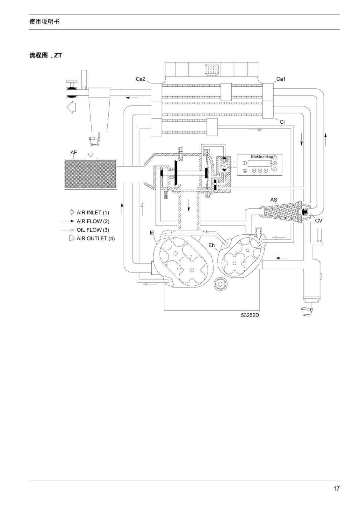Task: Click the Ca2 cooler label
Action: (140, 79)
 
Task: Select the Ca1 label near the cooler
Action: (281, 79)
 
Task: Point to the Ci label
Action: (282, 122)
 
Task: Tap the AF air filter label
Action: (74, 153)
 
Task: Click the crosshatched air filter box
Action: (90, 174)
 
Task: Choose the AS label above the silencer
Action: (274, 200)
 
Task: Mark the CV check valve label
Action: (319, 221)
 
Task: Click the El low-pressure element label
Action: (152, 233)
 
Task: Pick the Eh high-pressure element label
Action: (212, 245)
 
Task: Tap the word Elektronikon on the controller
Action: (262, 157)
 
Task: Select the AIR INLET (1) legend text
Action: (93, 212)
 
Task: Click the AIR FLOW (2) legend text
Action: (93, 221)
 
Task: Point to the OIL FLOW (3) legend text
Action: (93, 230)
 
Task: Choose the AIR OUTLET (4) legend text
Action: (96, 239)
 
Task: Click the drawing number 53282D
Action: (250, 315)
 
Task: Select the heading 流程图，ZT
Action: (46, 55)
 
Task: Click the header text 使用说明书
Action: (44, 22)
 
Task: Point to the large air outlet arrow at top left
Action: (71, 107)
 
